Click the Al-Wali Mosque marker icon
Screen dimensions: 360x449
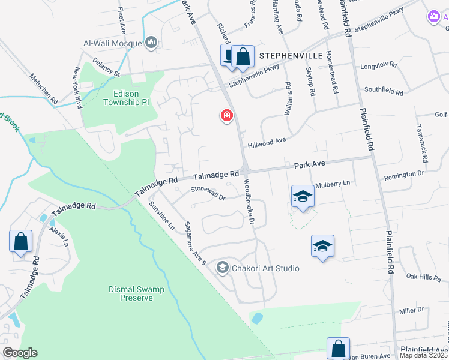click(151, 43)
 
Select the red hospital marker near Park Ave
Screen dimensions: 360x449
click(227, 115)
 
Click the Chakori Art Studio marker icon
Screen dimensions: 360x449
click(223, 268)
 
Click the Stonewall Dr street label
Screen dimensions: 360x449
click(207, 193)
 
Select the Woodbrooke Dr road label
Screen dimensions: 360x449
click(248, 203)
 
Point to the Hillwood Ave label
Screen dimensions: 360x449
click(267, 142)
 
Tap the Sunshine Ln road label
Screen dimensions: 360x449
click(162, 217)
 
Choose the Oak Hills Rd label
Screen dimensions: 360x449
click(424, 277)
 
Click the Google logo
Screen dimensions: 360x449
click(20, 353)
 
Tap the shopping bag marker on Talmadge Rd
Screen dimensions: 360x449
click(21, 242)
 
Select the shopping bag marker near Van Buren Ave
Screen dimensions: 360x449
click(338, 349)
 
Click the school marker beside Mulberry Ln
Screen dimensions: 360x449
click(303, 197)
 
